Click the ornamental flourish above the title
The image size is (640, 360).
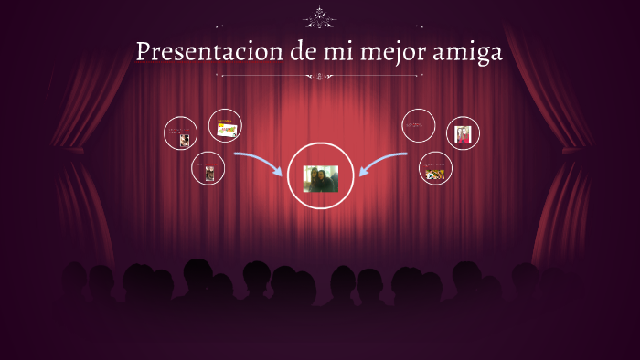pos(319,16)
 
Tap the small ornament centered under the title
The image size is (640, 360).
pos(319,78)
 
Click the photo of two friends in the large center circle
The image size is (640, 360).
pos(320,178)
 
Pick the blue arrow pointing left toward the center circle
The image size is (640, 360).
pos(382,163)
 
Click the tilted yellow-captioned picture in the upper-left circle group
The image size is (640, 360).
pos(226,130)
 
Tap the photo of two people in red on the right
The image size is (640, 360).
pos(464,135)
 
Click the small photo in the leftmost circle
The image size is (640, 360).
pos(185,140)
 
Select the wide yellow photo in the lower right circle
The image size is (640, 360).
pos(435,173)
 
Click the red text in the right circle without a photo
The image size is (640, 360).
pos(419,124)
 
